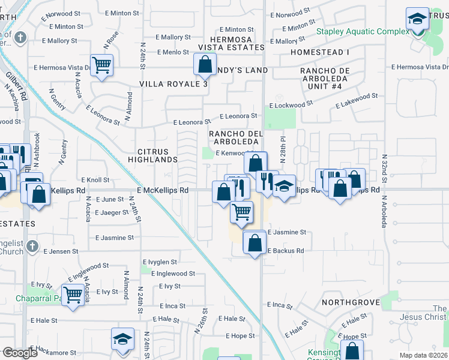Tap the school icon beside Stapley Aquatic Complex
click(x=417, y=19)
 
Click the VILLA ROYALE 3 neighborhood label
click(x=173, y=84)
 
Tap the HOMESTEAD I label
click(x=319, y=53)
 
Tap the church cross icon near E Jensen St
click(x=32, y=246)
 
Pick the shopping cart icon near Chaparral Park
click(x=73, y=295)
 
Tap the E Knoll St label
click(x=95, y=179)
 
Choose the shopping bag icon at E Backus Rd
click(x=255, y=242)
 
